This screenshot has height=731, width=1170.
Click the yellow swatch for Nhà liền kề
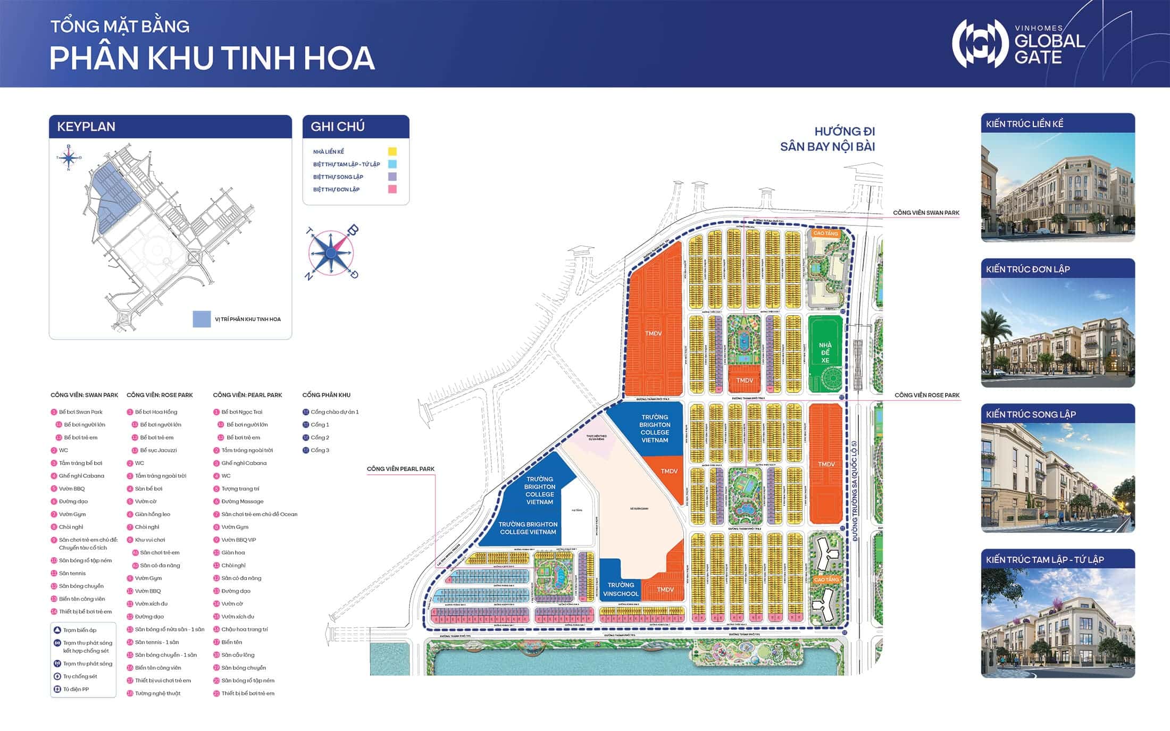pos(392,152)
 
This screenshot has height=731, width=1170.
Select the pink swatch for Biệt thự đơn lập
pos(392,189)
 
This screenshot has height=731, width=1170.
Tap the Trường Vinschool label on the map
pos(621,589)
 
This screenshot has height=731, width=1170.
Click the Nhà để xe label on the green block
pos(825,352)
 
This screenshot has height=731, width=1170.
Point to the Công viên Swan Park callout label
pos(926,213)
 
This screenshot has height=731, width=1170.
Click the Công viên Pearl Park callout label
pos(400,469)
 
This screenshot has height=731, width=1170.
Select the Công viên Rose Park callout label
pos(927,395)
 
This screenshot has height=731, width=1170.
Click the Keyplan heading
pos(86,127)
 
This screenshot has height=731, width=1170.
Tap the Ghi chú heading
pos(338,127)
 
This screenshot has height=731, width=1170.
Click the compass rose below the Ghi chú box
pos(331,253)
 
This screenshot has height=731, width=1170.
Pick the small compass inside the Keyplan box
pos(69,157)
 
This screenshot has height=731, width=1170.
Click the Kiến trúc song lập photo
pos(1058,477)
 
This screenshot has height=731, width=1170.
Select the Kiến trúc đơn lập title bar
pos(1058,269)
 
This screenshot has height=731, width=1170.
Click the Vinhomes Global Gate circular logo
pos(980,44)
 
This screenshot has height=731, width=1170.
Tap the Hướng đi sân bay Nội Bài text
pos(828,139)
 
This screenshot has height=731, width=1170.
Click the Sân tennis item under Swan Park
pos(72,573)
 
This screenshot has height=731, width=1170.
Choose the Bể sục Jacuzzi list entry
pos(158,450)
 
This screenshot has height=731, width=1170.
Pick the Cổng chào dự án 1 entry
pos(335,412)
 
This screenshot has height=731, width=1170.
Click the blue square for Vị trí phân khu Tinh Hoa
pos(202,319)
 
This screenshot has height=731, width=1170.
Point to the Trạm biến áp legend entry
pos(79,630)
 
